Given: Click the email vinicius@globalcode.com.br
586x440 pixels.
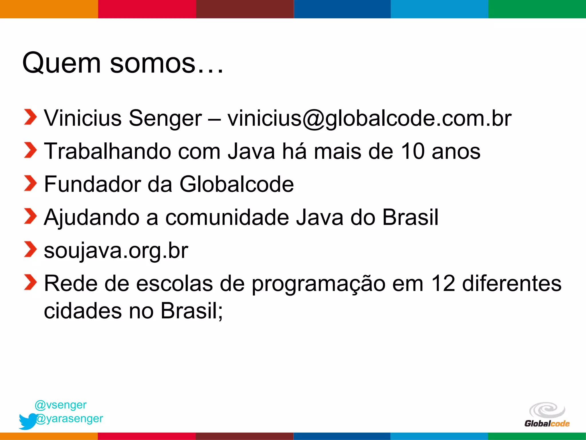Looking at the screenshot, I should [x=369, y=118].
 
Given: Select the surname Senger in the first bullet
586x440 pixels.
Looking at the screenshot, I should [x=165, y=118].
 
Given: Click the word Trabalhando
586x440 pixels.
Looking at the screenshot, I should [x=107, y=151].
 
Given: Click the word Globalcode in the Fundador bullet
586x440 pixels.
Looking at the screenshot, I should [x=236, y=184].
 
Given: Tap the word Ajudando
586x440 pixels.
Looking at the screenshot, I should [x=92, y=217].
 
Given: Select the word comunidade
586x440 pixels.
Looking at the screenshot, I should [x=227, y=217].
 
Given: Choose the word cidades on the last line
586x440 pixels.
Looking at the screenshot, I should [x=83, y=311].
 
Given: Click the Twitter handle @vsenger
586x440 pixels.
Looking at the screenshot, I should [x=61, y=405].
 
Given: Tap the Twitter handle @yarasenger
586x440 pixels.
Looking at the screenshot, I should [x=70, y=419].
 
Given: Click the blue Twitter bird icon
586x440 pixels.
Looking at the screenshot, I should [x=27, y=421].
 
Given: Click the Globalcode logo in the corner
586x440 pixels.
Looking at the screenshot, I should [x=547, y=415].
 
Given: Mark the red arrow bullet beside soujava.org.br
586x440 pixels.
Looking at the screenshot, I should [x=30, y=249].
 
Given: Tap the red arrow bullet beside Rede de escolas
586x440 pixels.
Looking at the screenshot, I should [x=30, y=282].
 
